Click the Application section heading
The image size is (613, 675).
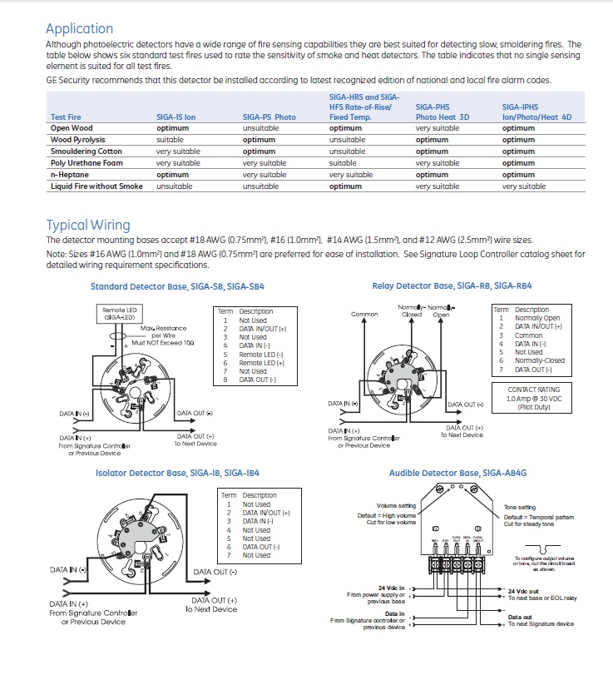[x=79, y=28]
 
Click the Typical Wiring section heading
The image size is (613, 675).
[x=87, y=225]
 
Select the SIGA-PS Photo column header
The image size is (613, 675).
[x=269, y=117]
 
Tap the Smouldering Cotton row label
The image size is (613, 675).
[x=87, y=151]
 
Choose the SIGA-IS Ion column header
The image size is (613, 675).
[x=175, y=117]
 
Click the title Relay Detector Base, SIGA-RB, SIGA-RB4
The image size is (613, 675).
[x=452, y=286]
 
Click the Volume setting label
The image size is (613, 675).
[x=396, y=506]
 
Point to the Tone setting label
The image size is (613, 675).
[x=520, y=507]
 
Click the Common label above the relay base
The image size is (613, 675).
[x=364, y=315]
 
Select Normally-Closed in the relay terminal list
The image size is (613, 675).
[x=539, y=360]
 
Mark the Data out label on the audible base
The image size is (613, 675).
[x=521, y=617]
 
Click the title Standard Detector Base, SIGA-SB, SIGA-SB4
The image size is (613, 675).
[x=176, y=286]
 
